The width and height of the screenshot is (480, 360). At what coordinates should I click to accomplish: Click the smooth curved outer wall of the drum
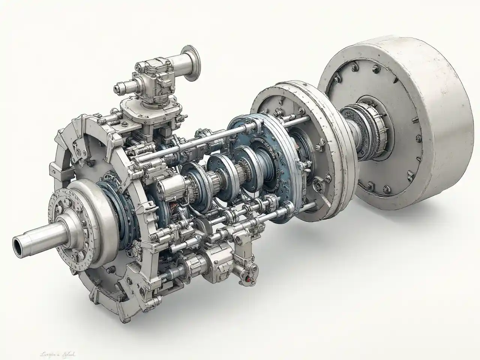[x=446, y=124]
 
